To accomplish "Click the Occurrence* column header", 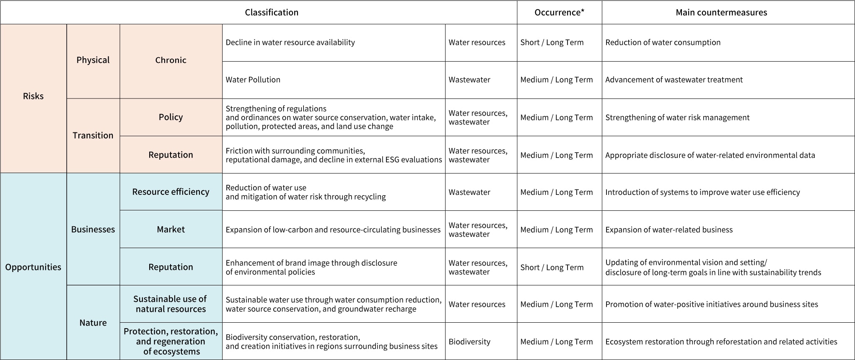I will tap(559, 13).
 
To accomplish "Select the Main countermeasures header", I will tap(721, 13).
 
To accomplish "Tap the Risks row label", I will tap(33, 96).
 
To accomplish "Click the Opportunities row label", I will tap(33, 267).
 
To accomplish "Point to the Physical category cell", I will tap(93, 60).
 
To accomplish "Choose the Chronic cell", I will tap(171, 60).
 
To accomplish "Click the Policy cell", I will tap(171, 117).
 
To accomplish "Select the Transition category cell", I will tap(93, 135).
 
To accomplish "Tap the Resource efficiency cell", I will tap(171, 192).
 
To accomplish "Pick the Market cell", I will tap(171, 229).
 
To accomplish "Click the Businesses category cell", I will tap(93, 229).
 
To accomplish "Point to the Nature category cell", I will tap(93, 323).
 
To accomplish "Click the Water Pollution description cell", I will tap(253, 80).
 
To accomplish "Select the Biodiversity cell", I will tap(469, 342).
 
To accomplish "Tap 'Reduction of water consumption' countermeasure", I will tap(663, 42).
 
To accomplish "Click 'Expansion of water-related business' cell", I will tap(669, 230).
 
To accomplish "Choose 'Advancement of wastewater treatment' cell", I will tap(674, 80).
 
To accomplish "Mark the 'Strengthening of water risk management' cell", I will tap(677, 117).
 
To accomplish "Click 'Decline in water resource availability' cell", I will tap(290, 42).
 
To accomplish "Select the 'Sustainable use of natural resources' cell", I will tap(171, 304).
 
